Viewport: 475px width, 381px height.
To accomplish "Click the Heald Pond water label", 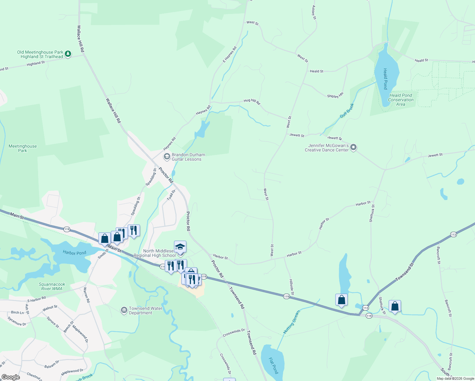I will pos(385,79).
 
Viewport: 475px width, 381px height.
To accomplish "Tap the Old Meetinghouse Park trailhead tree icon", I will pos(68,54).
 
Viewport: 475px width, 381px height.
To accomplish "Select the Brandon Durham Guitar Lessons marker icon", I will pos(167,157).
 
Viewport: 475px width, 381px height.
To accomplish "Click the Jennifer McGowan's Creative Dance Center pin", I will pos(353,148).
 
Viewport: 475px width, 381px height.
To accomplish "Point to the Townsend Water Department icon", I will pos(124,310).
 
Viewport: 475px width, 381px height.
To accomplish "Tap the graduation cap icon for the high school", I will pos(180,247).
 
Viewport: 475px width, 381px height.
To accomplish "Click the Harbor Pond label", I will pos(74,253).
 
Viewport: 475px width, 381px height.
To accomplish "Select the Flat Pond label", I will pos(273,365).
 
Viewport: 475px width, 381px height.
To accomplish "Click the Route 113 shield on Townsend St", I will pos(453,235).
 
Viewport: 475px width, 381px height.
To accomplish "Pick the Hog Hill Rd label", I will pos(252,102).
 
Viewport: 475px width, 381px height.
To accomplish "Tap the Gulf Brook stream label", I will pos(347,111).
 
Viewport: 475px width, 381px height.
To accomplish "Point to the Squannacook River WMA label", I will pos(52,286).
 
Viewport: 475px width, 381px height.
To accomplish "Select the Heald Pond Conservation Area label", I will pos(401,100).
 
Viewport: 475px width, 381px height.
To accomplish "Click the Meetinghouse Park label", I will pos(23,148).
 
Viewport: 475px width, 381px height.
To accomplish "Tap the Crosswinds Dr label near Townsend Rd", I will pos(234,333).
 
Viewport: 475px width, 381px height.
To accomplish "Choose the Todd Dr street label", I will pos(171,195).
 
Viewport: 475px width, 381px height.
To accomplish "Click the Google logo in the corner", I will pos(10,377).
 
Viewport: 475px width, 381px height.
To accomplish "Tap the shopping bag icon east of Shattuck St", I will pos(395,306).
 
